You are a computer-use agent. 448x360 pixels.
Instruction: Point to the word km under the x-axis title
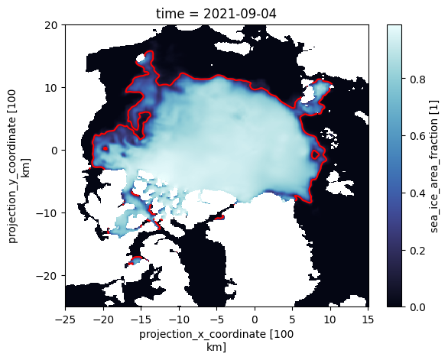coord(216,347)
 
